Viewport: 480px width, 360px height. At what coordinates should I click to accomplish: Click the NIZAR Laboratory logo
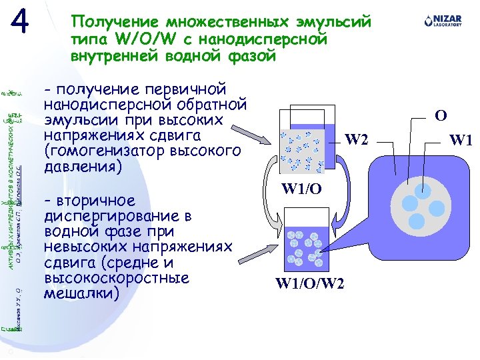pos(442,23)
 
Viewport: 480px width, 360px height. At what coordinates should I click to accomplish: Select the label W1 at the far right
pos(461,140)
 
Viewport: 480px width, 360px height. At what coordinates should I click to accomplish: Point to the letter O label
pos(441,115)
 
